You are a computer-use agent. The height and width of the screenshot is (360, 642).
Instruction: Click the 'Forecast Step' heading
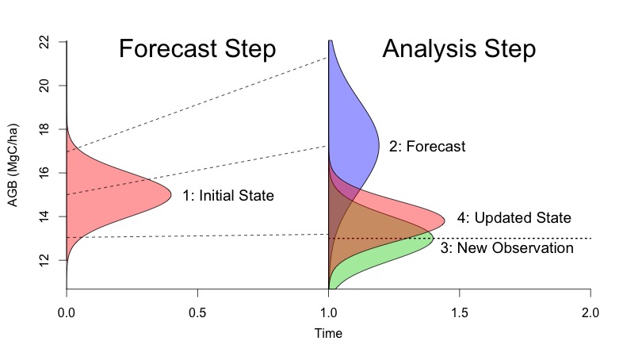tap(197, 49)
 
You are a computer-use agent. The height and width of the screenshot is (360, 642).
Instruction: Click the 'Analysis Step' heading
tap(459, 49)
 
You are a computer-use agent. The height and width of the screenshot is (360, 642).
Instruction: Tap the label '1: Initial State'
tap(228, 195)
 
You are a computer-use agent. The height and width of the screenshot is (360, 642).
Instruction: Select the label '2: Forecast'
tap(427, 146)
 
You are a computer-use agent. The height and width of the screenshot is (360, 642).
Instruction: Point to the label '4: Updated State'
tap(514, 217)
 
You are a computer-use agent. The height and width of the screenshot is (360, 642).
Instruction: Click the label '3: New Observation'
tap(507, 247)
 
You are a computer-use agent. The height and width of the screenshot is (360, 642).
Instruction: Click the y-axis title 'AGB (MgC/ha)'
tap(13, 165)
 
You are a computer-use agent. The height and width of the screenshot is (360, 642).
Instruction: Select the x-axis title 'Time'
tap(328, 333)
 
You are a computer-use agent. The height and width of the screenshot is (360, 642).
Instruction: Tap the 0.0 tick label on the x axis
tap(67, 313)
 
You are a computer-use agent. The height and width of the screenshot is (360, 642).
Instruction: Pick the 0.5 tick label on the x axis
tap(197, 313)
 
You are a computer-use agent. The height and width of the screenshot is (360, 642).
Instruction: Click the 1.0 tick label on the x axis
tap(328, 313)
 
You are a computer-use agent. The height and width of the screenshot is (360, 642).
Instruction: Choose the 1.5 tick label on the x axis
tap(460, 313)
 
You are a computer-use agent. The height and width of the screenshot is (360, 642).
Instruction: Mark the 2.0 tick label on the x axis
tap(590, 313)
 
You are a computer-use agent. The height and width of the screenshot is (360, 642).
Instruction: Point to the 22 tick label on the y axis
tap(44, 42)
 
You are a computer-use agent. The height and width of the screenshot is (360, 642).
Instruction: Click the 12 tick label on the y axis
tap(44, 259)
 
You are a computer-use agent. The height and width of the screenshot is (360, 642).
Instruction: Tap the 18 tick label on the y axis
tap(44, 129)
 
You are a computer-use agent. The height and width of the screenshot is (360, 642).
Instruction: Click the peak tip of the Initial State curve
tap(171, 196)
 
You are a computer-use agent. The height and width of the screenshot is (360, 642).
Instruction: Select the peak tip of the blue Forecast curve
tap(379, 146)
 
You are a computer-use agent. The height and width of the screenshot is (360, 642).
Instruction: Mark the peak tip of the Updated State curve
tap(445, 221)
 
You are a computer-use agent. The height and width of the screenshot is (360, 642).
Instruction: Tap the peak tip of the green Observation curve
tap(434, 238)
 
